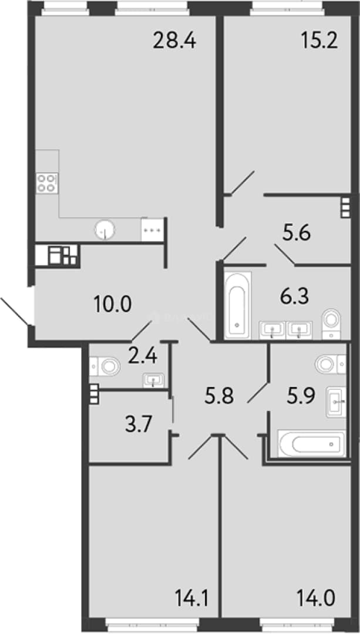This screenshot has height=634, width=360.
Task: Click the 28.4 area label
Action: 174,41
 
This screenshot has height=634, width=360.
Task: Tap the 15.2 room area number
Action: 319,41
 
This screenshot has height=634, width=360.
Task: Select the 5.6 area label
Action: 297,234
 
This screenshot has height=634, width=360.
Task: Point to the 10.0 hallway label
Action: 112,304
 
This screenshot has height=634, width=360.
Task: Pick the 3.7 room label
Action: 139,426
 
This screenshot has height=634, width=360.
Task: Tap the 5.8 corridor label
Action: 220,397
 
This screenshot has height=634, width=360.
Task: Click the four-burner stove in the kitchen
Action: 47,183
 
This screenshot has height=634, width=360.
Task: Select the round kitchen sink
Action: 105,230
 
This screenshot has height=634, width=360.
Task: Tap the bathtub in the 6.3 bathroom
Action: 237,305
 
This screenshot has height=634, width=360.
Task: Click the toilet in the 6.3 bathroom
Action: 332,324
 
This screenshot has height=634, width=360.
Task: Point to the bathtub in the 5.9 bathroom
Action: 311,444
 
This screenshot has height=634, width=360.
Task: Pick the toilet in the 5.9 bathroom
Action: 330,364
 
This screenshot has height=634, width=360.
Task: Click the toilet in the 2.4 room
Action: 105,366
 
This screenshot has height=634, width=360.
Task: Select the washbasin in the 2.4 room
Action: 153,380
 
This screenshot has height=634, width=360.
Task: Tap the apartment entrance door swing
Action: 15,311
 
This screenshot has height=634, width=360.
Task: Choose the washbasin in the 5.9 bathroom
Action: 336,402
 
